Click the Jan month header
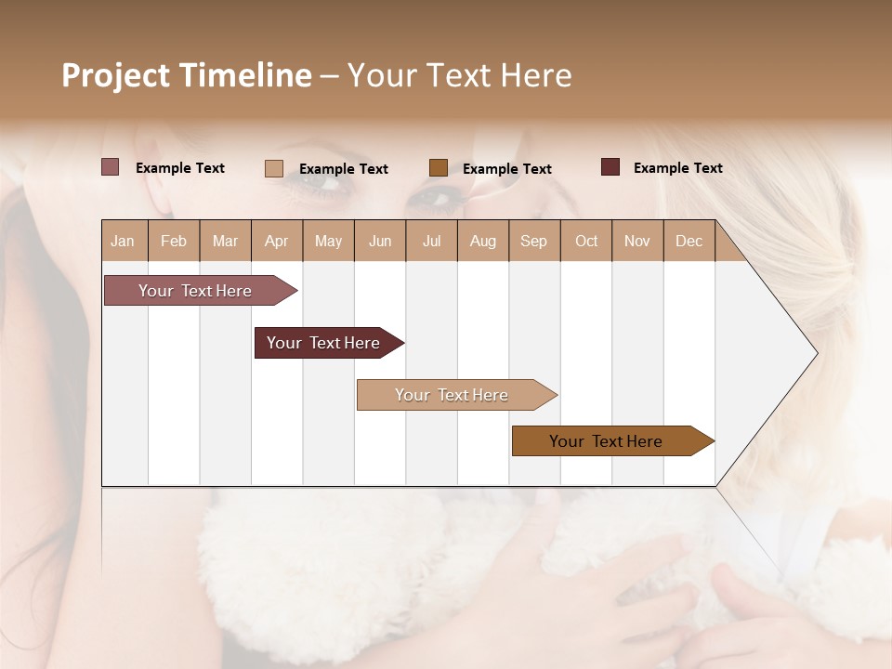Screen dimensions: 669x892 point(124,241)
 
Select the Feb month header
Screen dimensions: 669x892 point(174,241)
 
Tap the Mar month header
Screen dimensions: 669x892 point(225,241)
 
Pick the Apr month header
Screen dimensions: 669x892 point(277,241)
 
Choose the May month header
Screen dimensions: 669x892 point(328,241)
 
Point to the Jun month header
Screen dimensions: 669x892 point(380,241)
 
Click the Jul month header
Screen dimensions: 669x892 point(431,241)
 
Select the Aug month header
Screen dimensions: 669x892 point(483,241)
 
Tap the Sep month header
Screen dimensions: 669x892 point(534,241)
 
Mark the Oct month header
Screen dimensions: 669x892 point(586,241)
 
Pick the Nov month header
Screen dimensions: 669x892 point(637,241)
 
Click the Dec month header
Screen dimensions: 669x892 point(689,241)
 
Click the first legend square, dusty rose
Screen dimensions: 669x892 point(111,167)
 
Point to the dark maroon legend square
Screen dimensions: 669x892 point(610,167)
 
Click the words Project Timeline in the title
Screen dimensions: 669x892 point(187,75)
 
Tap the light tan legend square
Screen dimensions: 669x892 point(274,168)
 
